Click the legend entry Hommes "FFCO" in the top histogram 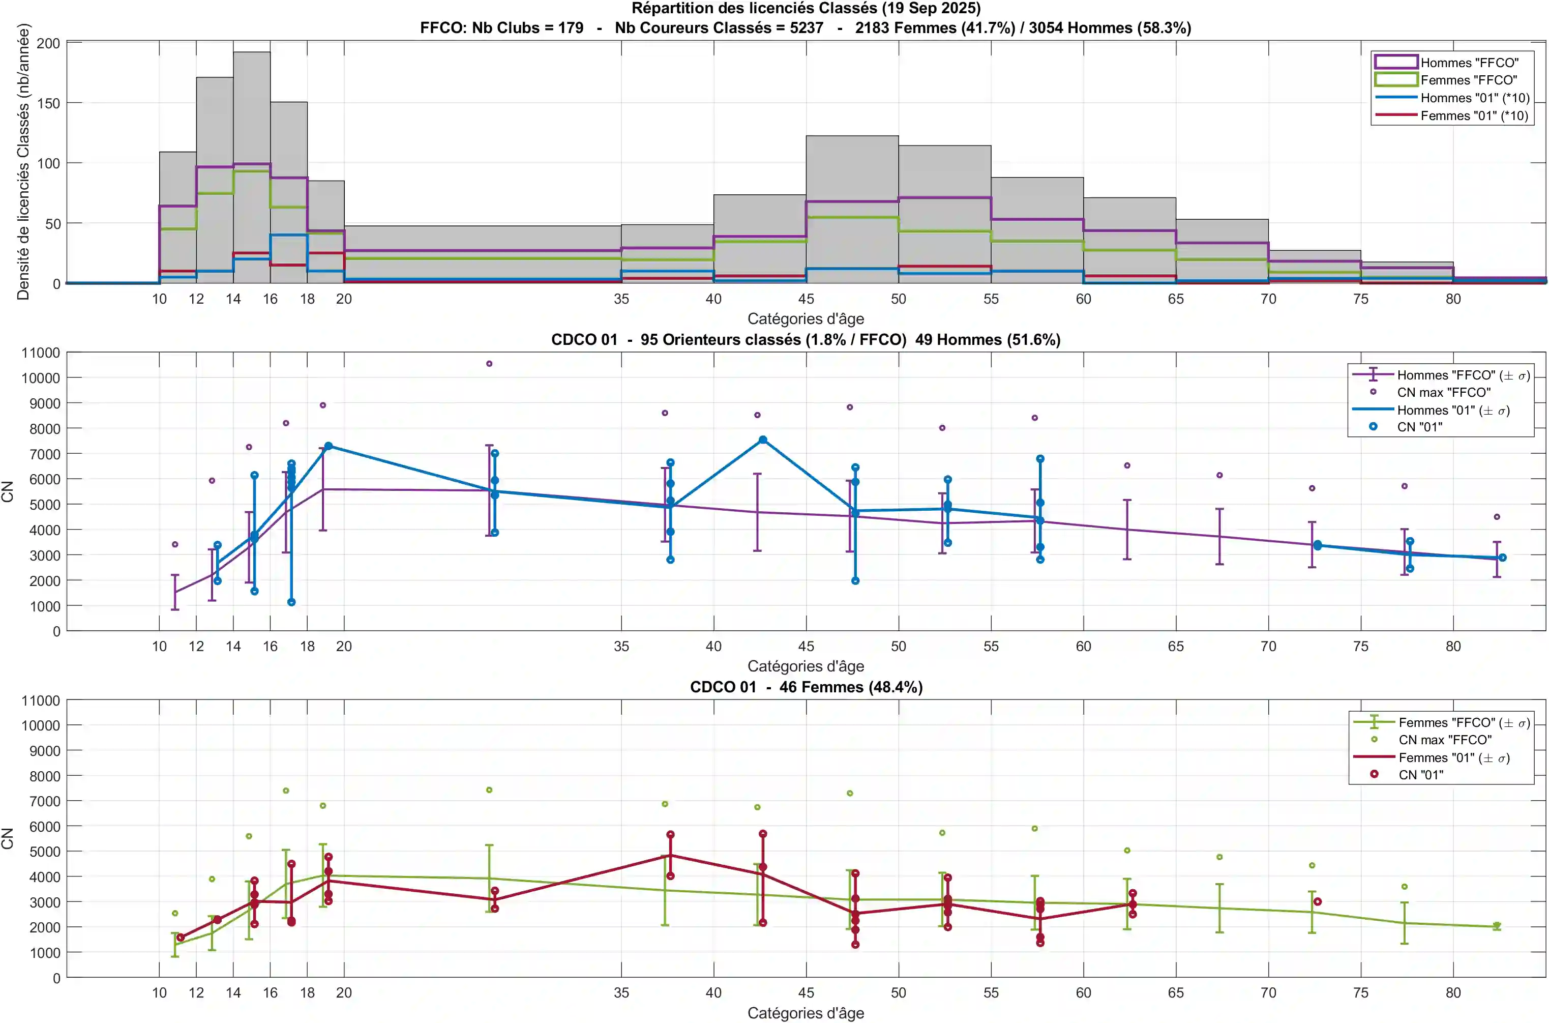[1469, 63]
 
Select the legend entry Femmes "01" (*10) [1474, 115]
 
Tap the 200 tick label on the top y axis [48, 43]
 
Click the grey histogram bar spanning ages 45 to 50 [852, 169]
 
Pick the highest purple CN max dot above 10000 [489, 363]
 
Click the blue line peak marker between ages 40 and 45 [762, 440]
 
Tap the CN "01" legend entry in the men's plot [1419, 427]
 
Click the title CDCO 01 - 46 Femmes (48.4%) [806, 687]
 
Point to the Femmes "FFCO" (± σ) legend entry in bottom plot [1464, 722]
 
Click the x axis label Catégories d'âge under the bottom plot [806, 1012]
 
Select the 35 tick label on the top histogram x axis [621, 299]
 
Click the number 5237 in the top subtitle [806, 28]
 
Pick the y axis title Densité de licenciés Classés [23, 162]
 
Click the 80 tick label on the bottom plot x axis [1452, 992]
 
